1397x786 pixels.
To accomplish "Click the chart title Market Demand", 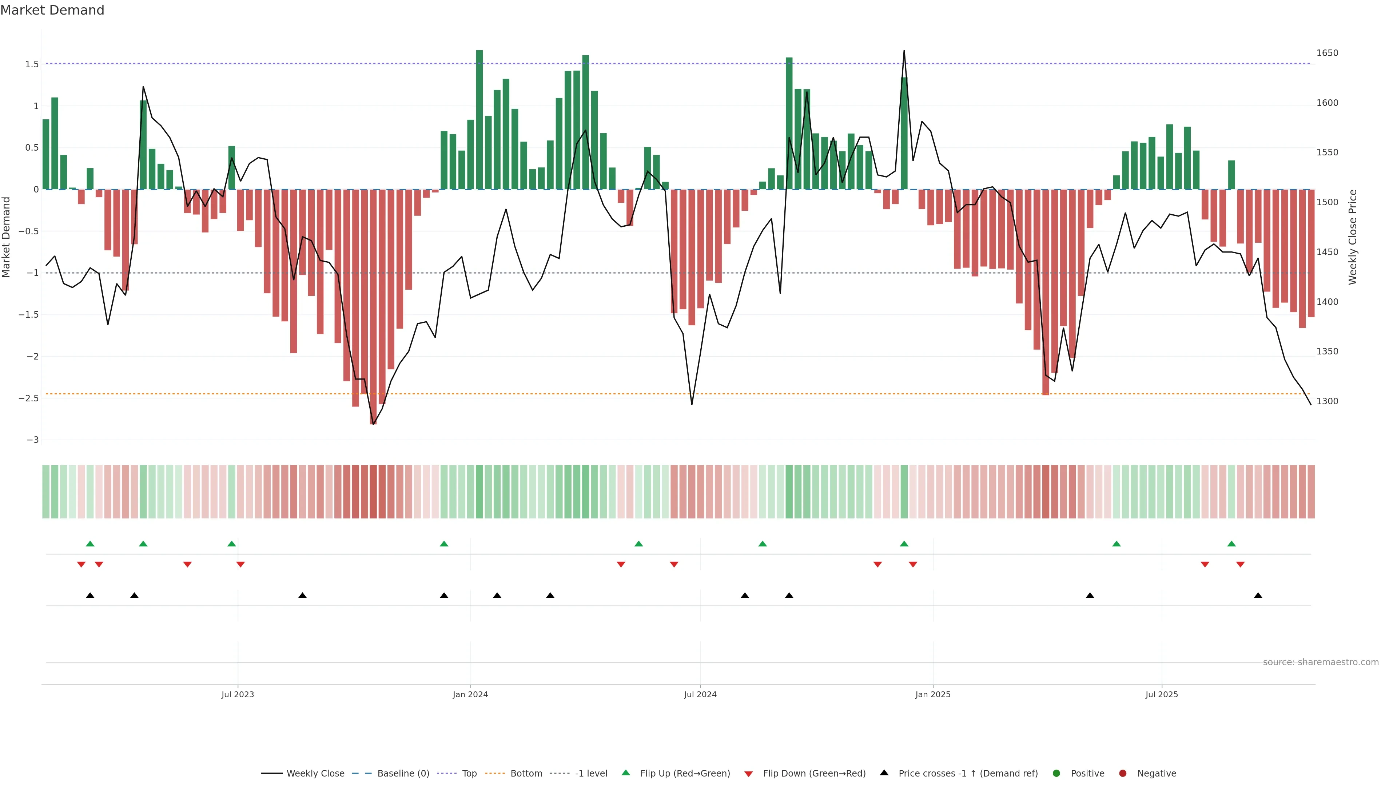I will (x=52, y=10).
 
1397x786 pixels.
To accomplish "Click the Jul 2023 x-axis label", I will (x=238, y=694).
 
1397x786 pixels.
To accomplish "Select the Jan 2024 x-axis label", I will (x=470, y=694).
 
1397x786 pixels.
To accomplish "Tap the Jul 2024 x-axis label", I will (x=700, y=694).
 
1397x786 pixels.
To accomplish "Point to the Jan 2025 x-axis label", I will (x=933, y=694).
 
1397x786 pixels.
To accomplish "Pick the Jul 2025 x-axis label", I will (x=1162, y=694).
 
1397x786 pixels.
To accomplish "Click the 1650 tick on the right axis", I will (x=1327, y=53).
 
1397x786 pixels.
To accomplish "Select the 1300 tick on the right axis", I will (x=1327, y=401).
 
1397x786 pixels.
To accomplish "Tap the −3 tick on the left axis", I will (x=32, y=440).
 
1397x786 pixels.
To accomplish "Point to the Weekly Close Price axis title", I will (x=1353, y=237).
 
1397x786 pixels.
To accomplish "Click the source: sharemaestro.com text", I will (x=1321, y=662).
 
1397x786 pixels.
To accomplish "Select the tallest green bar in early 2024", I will (x=479, y=119).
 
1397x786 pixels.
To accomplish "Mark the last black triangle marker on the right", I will (x=1258, y=596).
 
